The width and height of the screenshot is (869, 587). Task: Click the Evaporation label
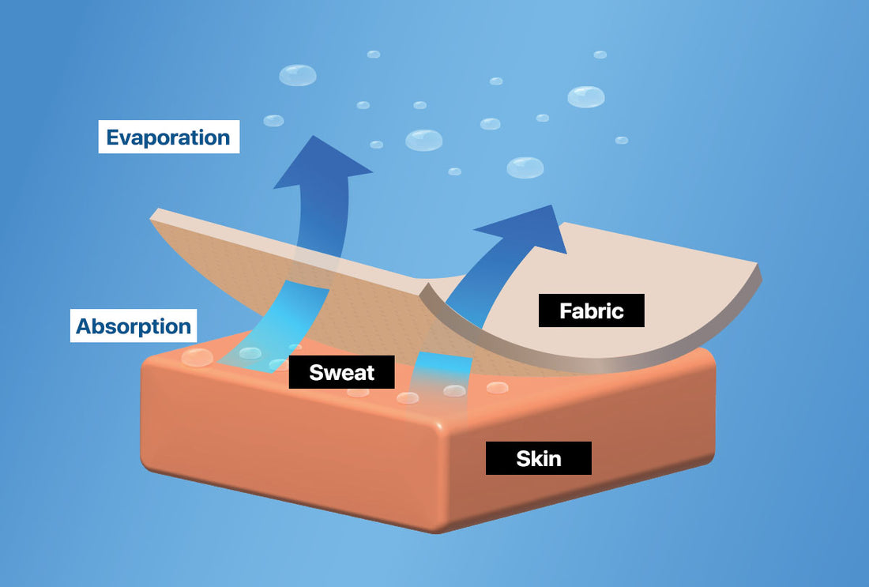point(168,137)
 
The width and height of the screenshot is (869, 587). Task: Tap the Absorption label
point(134,325)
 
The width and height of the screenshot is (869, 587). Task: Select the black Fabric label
point(591,310)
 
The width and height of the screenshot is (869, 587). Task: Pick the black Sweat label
point(341,372)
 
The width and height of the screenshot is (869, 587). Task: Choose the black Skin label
point(538,458)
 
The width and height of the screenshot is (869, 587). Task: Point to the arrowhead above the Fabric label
point(527,228)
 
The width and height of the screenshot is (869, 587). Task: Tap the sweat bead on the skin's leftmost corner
point(197,357)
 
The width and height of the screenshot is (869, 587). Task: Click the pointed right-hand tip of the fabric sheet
point(760,272)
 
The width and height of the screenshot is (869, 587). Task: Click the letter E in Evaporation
point(113,137)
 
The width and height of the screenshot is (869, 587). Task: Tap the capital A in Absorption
point(83,326)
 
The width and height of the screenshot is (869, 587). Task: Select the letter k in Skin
point(535,458)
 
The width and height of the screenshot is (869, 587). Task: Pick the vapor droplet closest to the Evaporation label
point(273,120)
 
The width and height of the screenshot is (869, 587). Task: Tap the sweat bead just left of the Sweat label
point(280,364)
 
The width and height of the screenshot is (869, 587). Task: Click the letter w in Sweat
point(329,373)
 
